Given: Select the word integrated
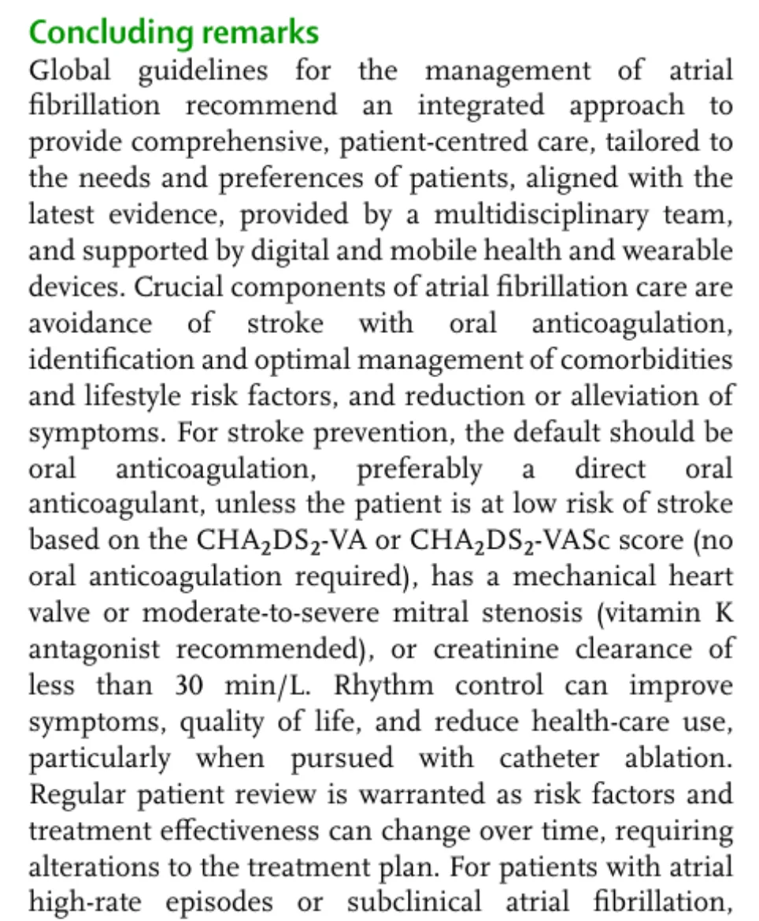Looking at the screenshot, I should pos(484,105).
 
